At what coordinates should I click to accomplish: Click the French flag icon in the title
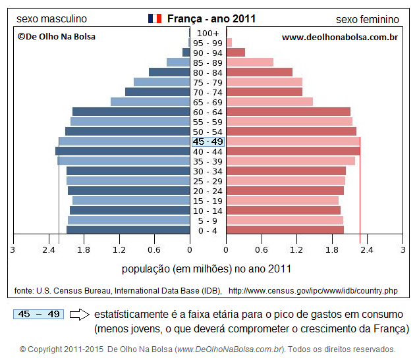155,18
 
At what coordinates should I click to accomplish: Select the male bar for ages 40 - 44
123,151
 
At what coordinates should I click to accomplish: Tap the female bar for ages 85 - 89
250,63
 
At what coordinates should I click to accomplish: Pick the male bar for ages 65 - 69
150,102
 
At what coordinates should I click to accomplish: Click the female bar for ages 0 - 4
285,230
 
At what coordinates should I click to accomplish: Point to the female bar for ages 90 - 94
236,53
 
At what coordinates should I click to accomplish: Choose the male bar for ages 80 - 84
169,72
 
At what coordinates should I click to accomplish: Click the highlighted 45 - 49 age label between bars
208,141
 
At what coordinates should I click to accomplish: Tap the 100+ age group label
208,34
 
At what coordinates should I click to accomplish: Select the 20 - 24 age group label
208,191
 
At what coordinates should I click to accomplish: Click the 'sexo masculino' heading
51,19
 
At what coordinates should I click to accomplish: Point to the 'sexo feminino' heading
368,19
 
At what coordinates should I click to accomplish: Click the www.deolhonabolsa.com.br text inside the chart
339,38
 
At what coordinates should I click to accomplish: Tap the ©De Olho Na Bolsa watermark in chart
56,37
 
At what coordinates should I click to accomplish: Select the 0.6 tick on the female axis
262,250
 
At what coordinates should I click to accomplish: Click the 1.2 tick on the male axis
119,250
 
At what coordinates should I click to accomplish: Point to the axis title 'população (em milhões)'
206,269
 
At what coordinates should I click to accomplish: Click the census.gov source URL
313,290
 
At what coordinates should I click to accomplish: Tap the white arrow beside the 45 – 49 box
79,315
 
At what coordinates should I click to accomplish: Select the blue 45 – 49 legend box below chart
38,315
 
